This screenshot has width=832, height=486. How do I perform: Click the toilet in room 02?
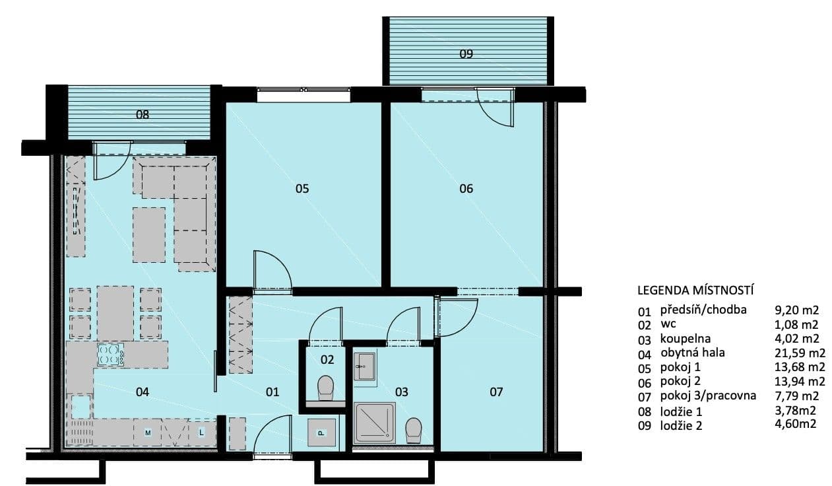[326, 388]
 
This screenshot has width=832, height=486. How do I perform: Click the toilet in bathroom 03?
[414, 430]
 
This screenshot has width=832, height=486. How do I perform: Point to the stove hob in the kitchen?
[110, 355]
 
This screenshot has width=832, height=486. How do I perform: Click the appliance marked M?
[148, 433]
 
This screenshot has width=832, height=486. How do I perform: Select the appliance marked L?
[201, 433]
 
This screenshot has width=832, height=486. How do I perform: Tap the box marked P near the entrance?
[321, 433]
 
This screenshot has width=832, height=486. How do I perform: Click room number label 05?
[302, 189]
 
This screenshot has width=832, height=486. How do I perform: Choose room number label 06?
[466, 189]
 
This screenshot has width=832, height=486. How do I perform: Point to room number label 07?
[496, 392]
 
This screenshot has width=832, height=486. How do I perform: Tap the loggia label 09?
[466, 55]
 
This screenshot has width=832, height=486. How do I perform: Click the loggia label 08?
[143, 114]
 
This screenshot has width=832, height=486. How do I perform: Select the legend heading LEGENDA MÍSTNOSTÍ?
[695, 290]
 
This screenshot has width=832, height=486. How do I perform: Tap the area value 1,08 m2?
[796, 324]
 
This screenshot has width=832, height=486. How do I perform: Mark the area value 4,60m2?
[796, 425]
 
